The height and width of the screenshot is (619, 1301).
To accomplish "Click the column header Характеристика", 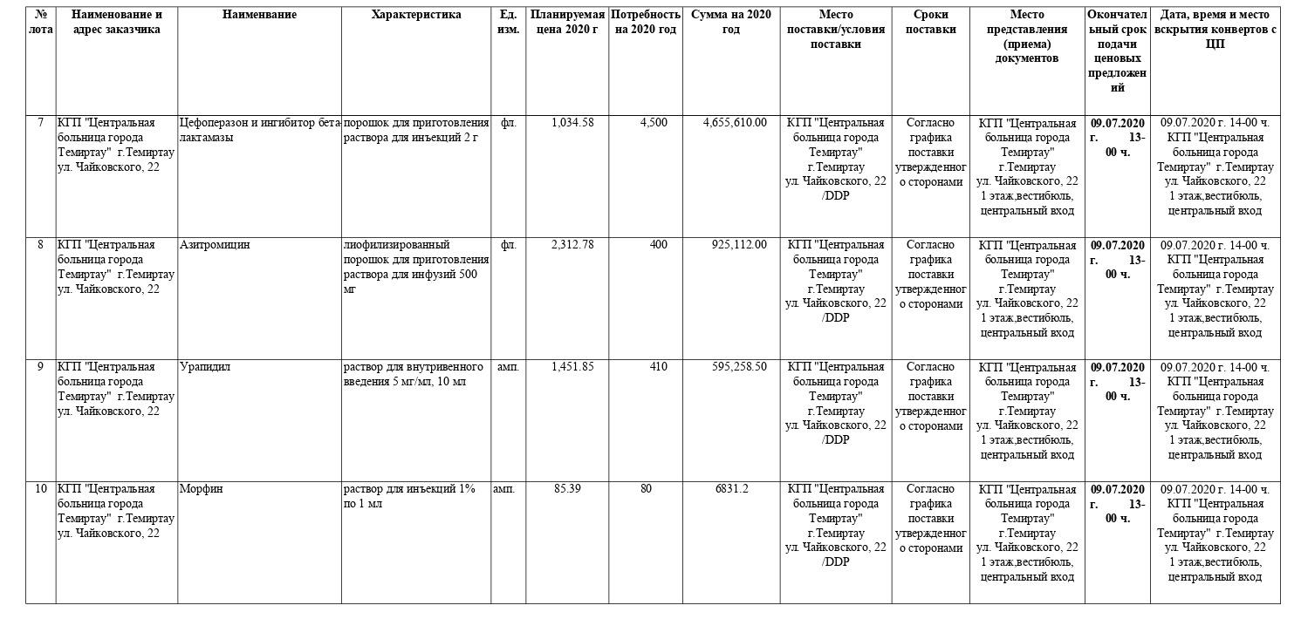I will [416, 15].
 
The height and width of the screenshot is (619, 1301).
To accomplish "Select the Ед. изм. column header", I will [508, 22].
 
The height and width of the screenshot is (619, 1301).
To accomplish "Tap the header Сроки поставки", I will [930, 22].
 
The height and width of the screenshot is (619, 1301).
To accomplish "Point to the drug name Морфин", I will [202, 489].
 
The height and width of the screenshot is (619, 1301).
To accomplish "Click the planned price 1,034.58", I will [572, 123].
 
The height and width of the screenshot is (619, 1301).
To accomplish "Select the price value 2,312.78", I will [572, 245].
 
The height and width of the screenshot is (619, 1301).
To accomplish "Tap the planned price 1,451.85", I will [572, 367].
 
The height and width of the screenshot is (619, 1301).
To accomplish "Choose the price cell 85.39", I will [567, 489].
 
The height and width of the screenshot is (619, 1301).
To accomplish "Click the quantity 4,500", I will [654, 123].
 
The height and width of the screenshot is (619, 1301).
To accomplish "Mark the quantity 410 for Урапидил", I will [658, 367].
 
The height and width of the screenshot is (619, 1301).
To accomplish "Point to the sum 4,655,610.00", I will [735, 123].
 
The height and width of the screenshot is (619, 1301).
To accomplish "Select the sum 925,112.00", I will [739, 245].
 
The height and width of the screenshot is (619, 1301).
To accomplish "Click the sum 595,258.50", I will [739, 367].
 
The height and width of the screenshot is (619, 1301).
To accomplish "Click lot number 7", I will [40, 123].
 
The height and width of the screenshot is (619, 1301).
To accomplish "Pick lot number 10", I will [41, 489].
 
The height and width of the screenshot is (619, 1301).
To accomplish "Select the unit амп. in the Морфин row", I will [503, 489].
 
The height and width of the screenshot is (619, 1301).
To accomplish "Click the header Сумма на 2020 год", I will [731, 22].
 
